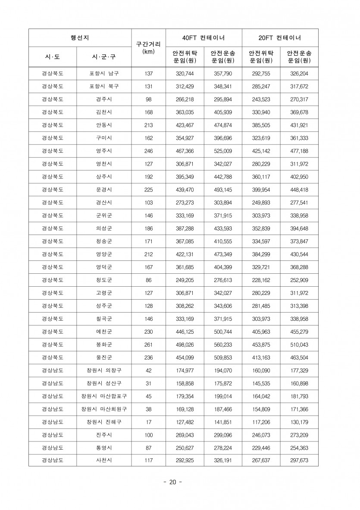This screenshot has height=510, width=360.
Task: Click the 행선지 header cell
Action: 80,38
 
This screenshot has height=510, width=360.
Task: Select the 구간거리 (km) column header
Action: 148,47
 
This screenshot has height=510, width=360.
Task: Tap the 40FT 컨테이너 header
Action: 204,38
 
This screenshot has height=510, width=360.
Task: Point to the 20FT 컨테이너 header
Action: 280,38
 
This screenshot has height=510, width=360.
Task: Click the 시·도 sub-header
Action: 53,57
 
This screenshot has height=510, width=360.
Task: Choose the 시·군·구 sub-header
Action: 104,57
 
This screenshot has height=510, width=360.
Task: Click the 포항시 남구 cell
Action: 104,74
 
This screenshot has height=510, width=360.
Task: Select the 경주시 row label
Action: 104,100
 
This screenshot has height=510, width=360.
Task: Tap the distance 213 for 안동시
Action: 148,125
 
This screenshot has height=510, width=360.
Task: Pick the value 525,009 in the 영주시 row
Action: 223,151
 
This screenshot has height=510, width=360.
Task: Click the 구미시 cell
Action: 104,138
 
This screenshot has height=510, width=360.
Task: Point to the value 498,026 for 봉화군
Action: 185,344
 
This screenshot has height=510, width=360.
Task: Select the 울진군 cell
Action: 104,357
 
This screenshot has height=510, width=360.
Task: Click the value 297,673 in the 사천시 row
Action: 299,460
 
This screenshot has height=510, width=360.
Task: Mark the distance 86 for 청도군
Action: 148,280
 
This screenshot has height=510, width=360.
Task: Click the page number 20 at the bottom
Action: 172,482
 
